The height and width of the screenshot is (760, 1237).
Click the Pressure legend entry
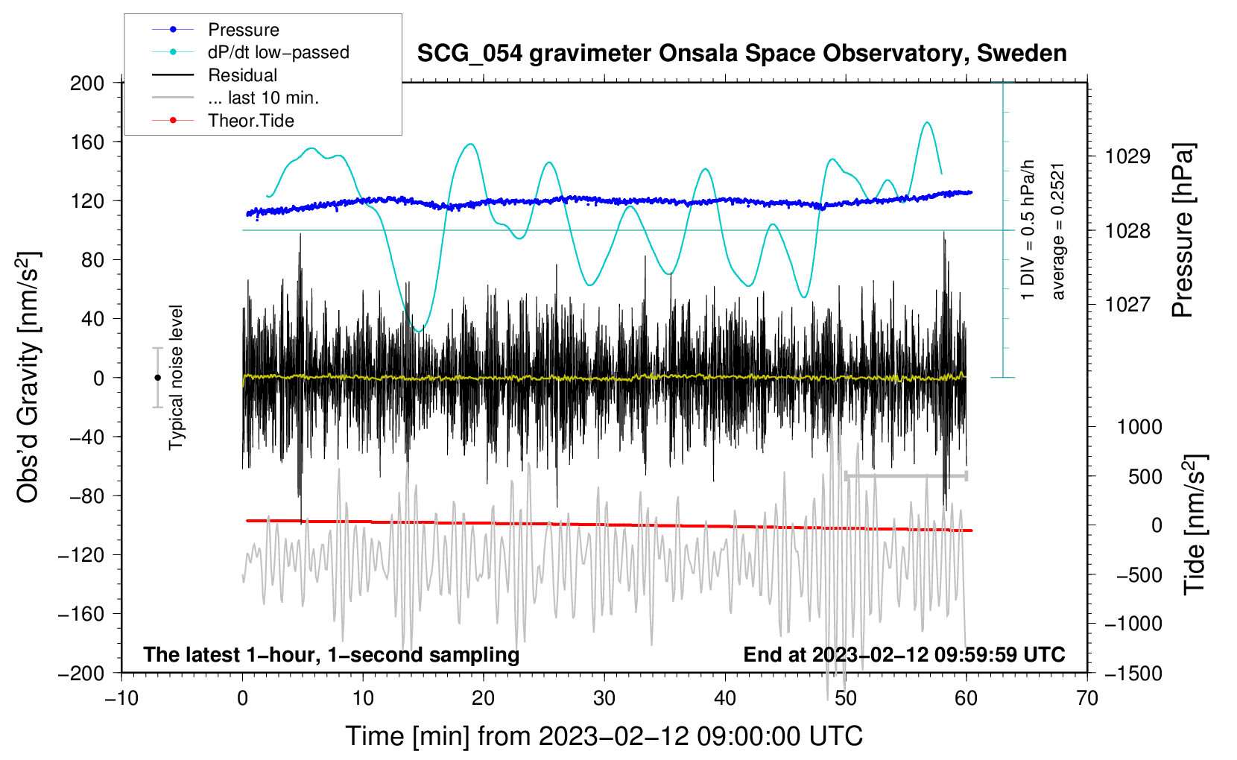243,30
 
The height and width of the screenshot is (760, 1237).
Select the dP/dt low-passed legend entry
278,52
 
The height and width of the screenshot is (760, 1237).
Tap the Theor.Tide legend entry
250,121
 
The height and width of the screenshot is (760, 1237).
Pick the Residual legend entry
242,75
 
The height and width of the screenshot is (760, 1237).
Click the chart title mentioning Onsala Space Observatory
741,54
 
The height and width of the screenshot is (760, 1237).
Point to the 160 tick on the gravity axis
87,142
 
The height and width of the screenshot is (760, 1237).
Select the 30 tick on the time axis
604,698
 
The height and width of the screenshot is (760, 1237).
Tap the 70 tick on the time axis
1087,698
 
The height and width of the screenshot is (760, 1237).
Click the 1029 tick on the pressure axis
1127,156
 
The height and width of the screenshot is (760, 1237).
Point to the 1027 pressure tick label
1127,304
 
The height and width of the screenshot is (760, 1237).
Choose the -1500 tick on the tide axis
1133,673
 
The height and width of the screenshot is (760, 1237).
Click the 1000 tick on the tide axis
1139,427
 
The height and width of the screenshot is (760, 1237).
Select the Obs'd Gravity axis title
28,377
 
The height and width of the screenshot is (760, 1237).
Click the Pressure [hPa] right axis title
1183,231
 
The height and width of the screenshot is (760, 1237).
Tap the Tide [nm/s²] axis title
1195,525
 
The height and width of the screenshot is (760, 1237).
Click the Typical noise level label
176,377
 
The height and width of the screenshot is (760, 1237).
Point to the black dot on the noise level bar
157,378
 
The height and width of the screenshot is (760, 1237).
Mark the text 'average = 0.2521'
1058,231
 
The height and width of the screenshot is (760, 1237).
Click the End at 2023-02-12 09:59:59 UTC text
904,654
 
